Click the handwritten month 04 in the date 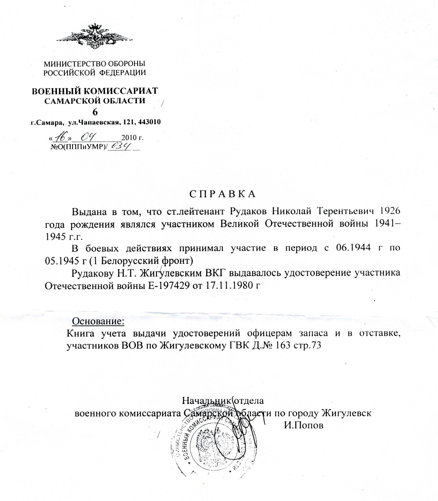pos(88,138)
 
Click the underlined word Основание pos(99,321)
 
